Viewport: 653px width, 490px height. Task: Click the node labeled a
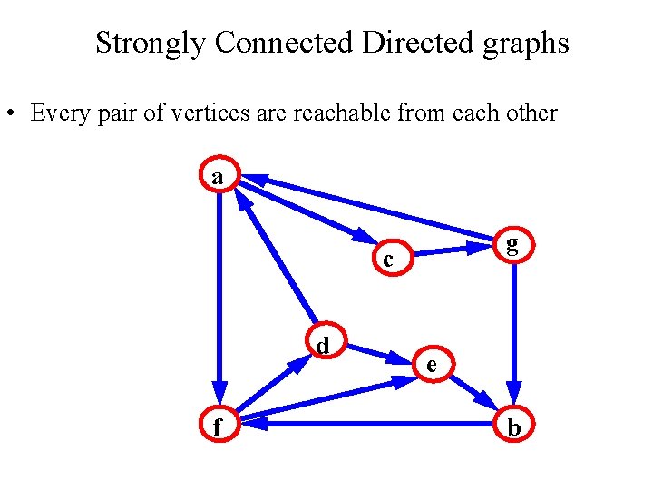point(218,176)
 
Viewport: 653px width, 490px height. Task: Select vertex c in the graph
point(388,260)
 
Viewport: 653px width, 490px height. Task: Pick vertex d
point(322,344)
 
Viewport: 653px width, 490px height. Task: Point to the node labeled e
point(432,364)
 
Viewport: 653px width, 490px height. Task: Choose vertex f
point(218,424)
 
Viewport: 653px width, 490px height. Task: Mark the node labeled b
point(513,425)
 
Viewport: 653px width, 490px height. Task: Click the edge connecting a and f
point(219,290)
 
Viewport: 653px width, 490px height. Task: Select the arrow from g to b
point(513,327)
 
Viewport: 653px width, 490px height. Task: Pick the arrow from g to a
point(372,209)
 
